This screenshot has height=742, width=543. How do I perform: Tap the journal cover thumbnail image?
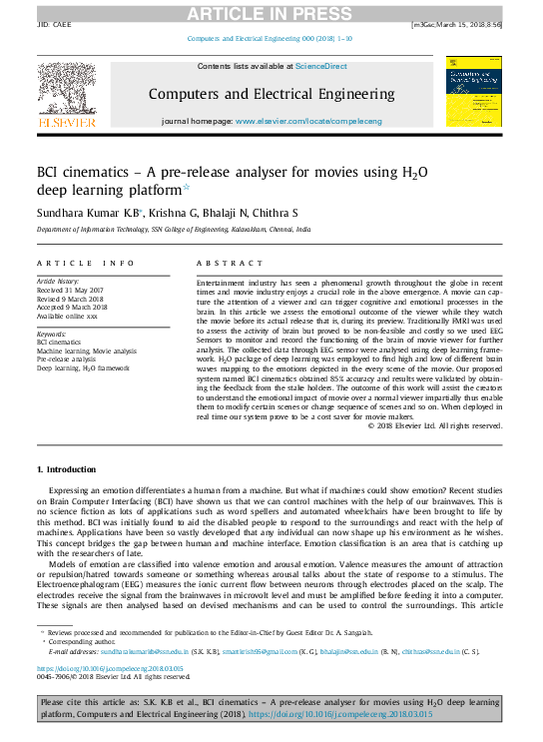[473, 90]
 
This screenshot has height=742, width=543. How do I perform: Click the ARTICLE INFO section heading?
[85, 263]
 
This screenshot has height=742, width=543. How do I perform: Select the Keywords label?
[52, 335]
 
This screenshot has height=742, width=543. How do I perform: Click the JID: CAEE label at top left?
[54, 23]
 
